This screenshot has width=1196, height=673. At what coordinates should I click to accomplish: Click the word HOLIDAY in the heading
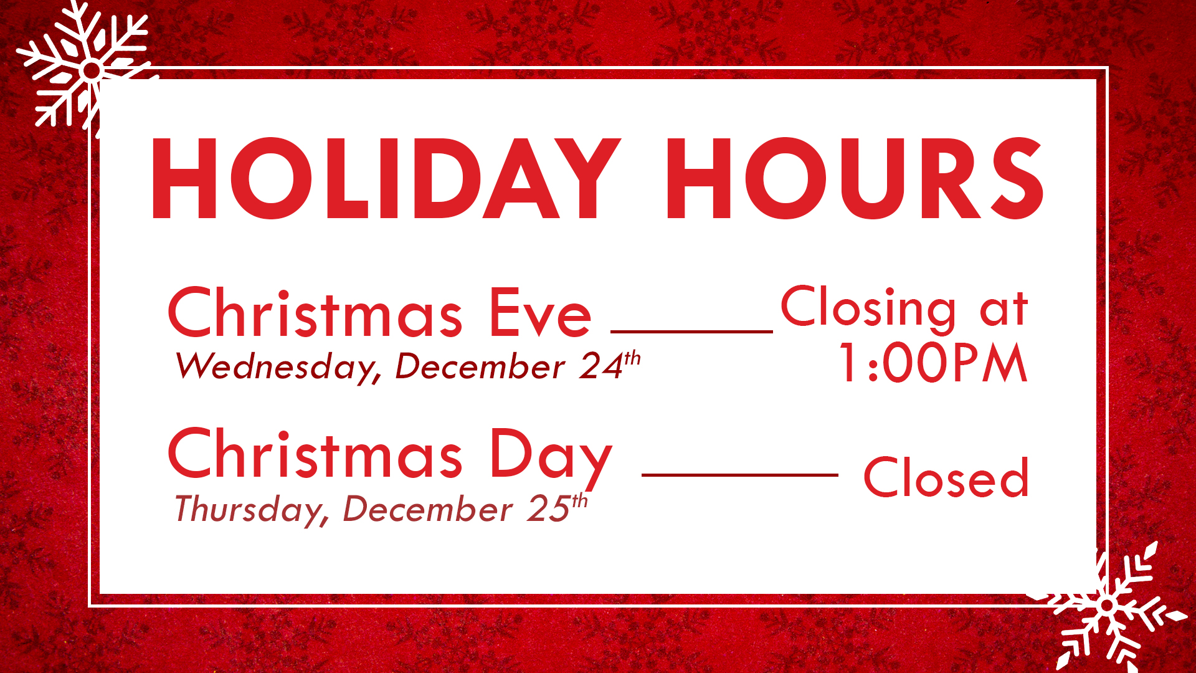386,178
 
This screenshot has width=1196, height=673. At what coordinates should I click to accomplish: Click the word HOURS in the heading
855,178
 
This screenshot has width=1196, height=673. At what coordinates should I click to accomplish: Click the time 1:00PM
933,363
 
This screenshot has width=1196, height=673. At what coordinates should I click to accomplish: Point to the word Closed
946,478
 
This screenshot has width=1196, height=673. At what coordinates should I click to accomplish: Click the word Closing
868,308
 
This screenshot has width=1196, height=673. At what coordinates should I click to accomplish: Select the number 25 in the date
548,509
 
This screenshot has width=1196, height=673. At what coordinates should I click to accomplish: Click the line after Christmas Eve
691,332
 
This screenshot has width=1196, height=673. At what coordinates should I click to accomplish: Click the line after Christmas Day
740,475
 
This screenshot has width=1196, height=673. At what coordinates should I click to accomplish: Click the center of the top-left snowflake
91,70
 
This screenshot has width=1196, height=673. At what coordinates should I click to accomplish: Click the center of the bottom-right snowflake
1107,605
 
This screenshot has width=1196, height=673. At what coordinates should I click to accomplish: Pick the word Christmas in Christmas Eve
315,313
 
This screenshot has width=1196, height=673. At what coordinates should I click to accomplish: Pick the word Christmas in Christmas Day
315,454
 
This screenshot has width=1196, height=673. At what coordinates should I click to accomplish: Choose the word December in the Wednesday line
480,366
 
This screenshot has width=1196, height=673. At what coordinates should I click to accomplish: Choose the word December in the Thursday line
427,509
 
